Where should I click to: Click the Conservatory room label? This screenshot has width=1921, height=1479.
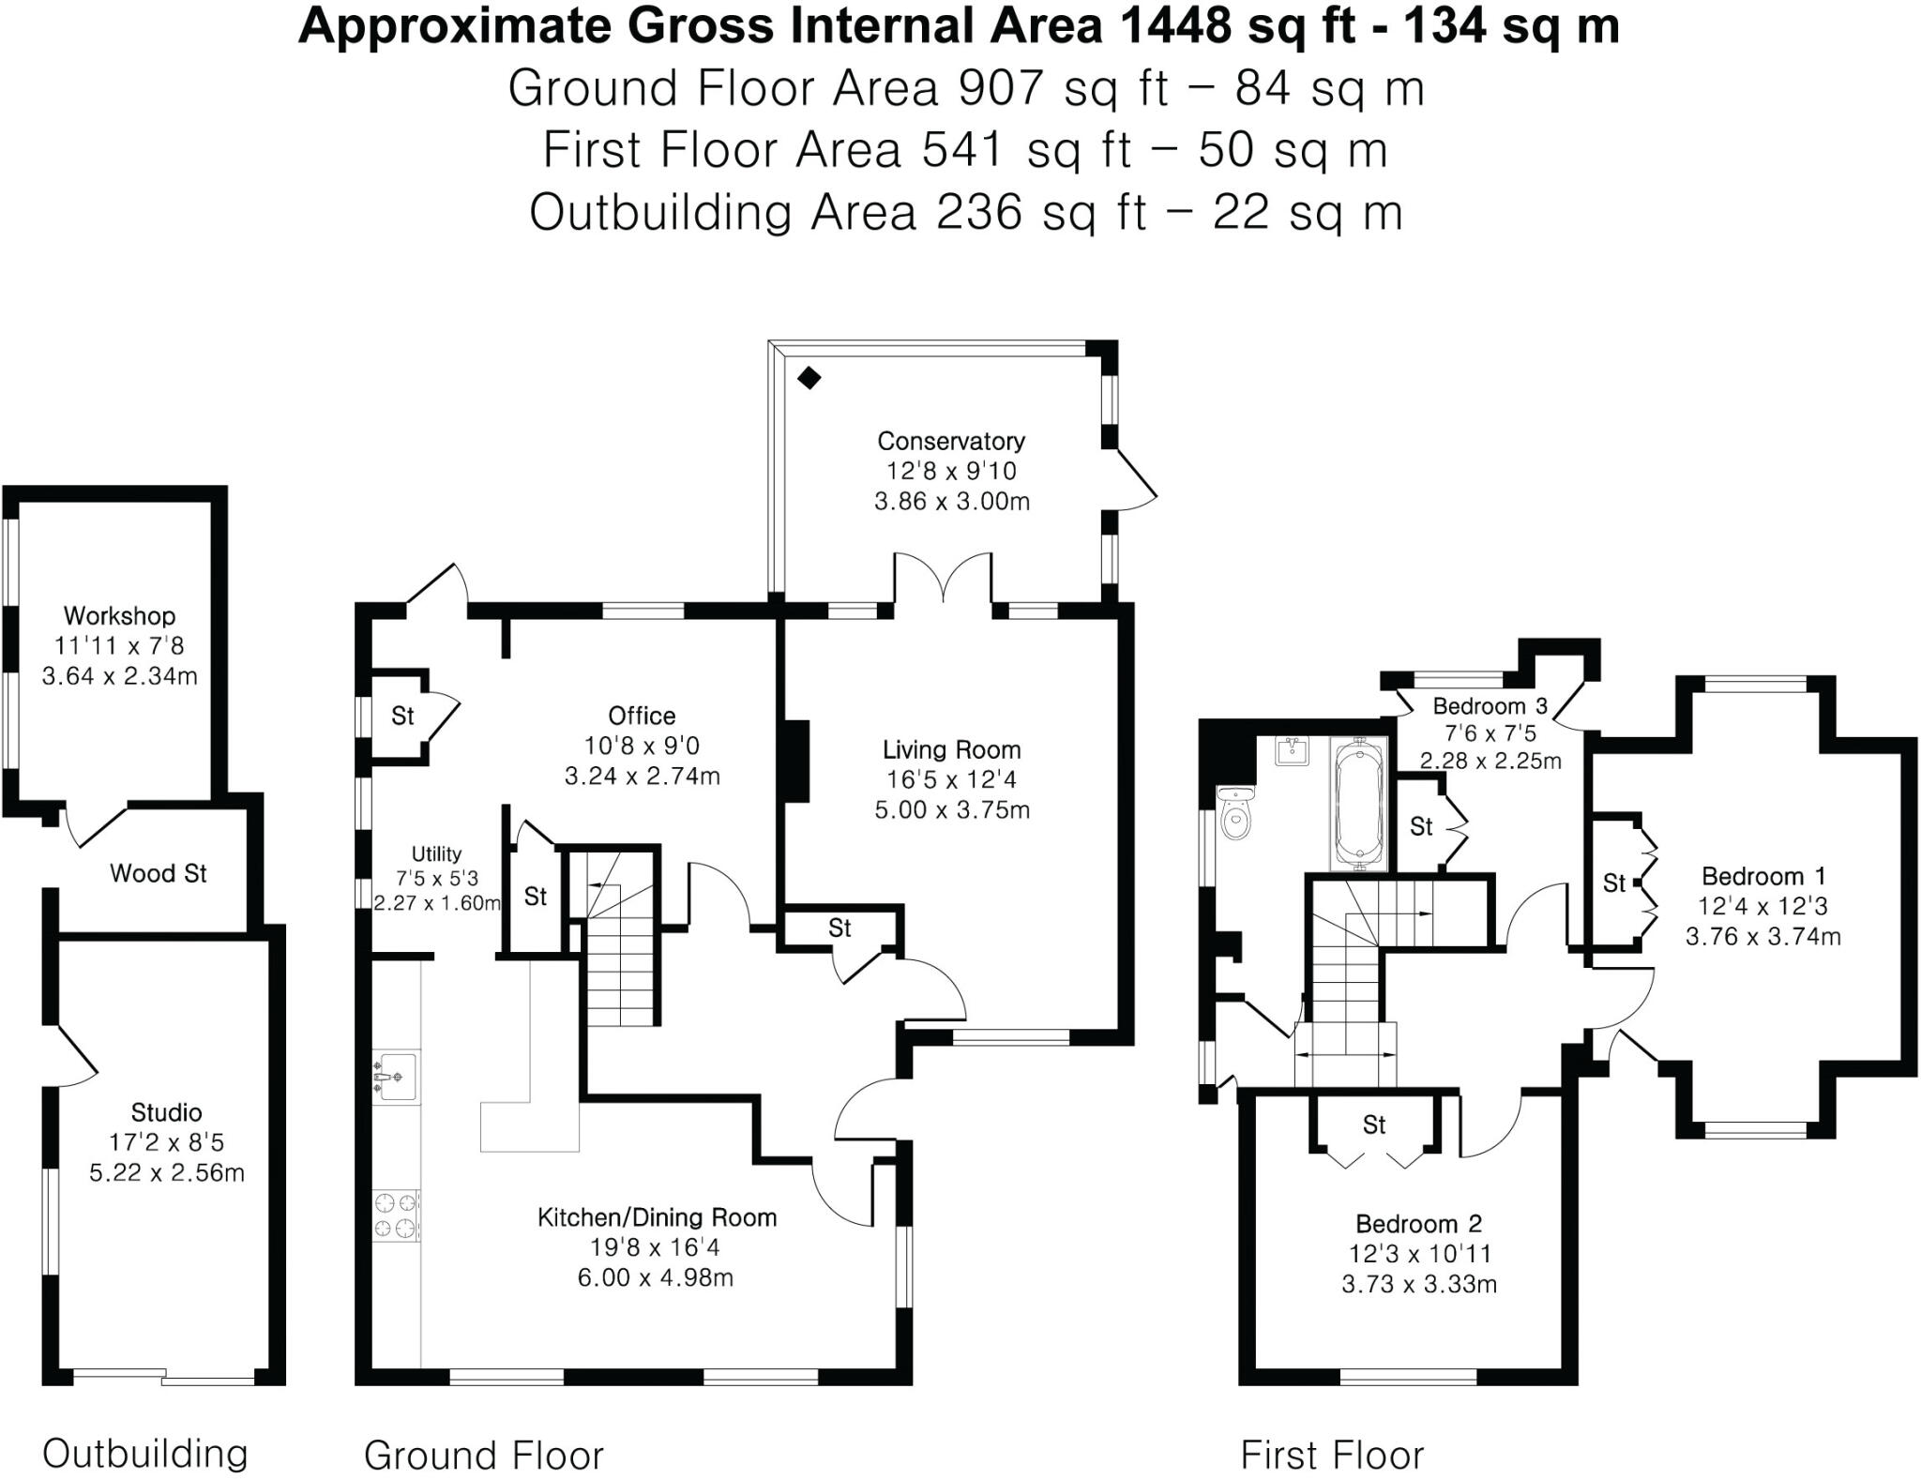click(950, 441)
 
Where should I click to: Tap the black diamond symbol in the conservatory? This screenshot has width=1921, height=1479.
click(809, 379)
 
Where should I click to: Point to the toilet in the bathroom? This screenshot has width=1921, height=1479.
click(1235, 814)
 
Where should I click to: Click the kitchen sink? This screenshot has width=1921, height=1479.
click(396, 1076)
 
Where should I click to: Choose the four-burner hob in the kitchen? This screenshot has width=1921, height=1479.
click(396, 1215)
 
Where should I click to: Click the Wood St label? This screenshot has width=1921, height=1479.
click(158, 873)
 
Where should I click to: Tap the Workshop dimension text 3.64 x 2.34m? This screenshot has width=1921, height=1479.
click(119, 676)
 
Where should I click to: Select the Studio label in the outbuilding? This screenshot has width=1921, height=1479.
click(166, 1112)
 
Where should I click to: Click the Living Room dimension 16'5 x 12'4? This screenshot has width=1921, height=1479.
click(951, 779)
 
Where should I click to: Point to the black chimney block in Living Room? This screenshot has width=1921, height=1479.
click(795, 761)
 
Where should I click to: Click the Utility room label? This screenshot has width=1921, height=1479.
click(436, 853)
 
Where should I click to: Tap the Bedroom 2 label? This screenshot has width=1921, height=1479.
click(1418, 1224)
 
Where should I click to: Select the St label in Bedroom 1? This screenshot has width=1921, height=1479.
click(1613, 883)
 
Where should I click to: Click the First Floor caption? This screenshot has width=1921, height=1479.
click(1331, 1455)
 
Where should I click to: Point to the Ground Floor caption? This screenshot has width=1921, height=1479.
click(483, 1455)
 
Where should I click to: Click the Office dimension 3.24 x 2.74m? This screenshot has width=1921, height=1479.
click(642, 777)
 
